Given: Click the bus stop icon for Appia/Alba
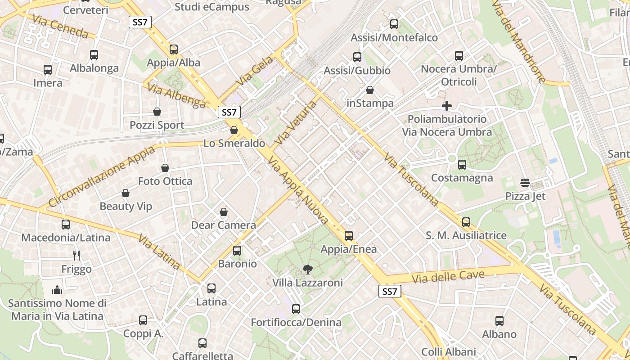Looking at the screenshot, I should tap(174, 49).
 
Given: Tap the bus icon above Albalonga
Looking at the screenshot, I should tap(94, 55).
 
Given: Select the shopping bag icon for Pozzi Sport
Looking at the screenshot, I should tap(157, 112).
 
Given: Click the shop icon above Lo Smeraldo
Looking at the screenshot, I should tap(234, 130).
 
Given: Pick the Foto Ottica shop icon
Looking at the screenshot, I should tap(165, 168).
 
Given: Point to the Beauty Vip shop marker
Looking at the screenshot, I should tap(126, 193).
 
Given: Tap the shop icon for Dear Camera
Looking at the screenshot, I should tap(224, 212).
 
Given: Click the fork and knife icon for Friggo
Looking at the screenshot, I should tap(76, 256).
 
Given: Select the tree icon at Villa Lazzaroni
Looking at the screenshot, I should tap(308, 270).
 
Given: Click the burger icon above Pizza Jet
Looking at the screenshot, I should tap(525, 183).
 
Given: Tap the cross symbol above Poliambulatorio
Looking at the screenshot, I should tap(447, 106).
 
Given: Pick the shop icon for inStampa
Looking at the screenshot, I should tap(370, 90).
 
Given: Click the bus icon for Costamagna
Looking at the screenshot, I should tap(462, 165).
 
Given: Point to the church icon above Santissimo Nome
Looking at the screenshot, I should tap(57, 289).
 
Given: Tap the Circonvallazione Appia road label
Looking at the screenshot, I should tap(101, 176).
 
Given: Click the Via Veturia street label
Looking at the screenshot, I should tap(296, 123).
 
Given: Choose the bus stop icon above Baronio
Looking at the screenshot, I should tap(237, 251).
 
